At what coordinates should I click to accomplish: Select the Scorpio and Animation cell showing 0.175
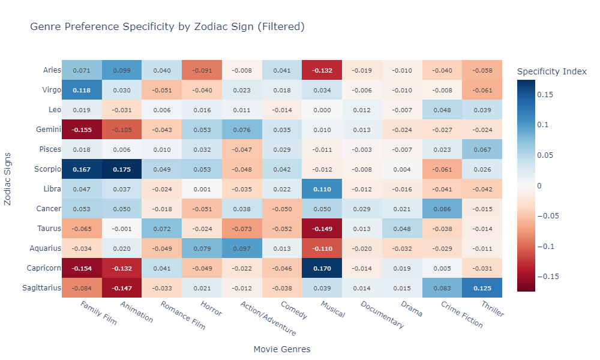click(x=122, y=169)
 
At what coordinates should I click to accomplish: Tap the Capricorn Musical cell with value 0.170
click(x=322, y=268)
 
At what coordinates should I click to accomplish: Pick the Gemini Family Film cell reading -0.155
click(x=82, y=130)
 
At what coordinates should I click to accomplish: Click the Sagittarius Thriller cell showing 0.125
click(x=482, y=287)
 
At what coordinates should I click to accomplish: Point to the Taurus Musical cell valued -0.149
click(x=322, y=228)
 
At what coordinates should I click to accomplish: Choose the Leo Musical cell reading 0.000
click(x=322, y=110)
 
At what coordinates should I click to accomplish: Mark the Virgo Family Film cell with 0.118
click(x=82, y=90)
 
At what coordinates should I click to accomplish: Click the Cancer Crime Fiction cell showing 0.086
click(x=442, y=208)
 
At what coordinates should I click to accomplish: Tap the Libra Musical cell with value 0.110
click(x=322, y=189)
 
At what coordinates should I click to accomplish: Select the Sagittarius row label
click(x=42, y=287)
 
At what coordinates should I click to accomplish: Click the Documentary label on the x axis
click(x=382, y=314)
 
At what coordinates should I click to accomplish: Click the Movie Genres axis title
click(x=282, y=349)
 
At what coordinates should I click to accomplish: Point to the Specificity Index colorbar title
click(x=551, y=71)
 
